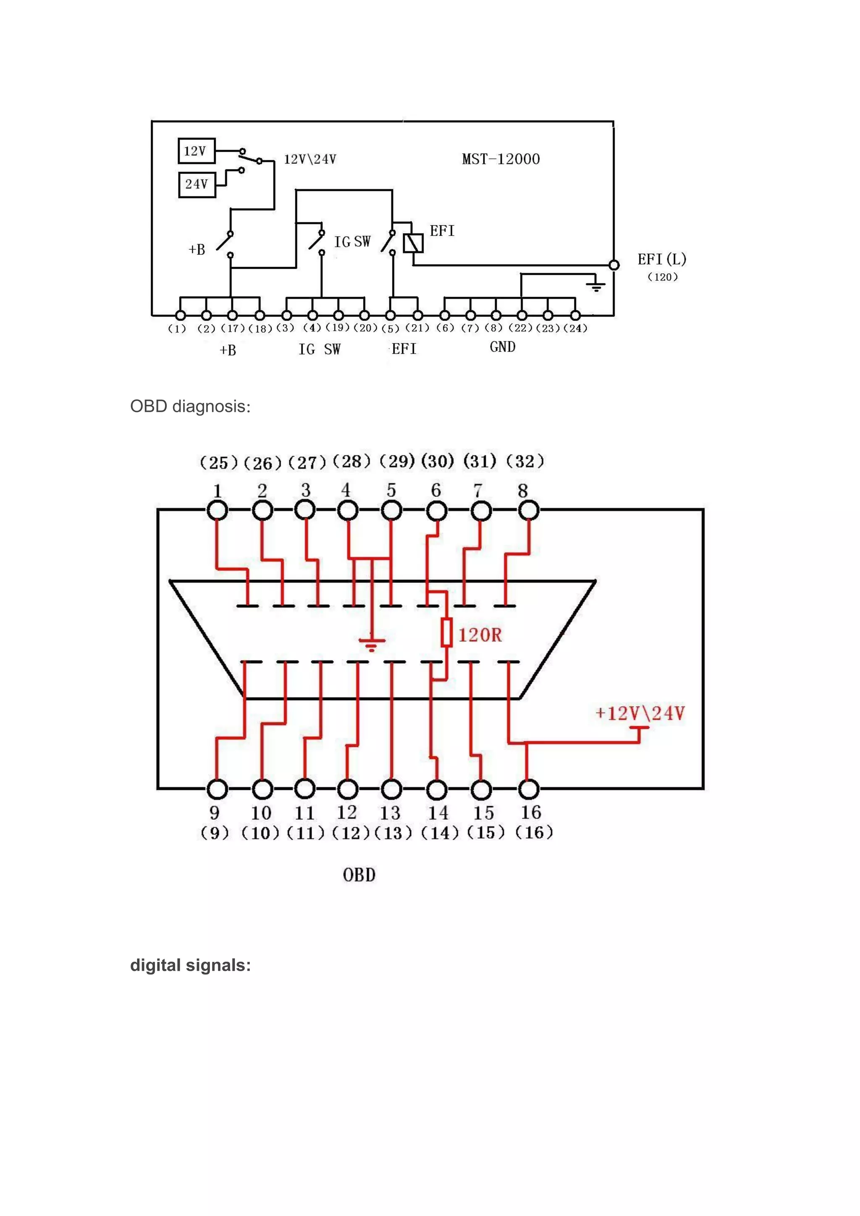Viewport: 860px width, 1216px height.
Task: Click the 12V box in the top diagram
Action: coord(197,151)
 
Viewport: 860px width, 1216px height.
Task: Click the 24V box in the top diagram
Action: coord(197,184)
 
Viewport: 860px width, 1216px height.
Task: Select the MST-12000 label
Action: coord(501,159)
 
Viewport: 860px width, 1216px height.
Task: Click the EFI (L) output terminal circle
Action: coord(614,265)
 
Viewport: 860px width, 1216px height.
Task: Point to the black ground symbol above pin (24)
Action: coord(596,286)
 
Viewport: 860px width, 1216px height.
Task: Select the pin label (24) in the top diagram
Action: coord(575,328)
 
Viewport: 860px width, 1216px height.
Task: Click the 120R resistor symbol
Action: coord(446,632)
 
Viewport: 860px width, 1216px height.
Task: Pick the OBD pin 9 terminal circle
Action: coord(217,789)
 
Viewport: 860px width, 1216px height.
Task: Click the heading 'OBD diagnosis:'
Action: coord(190,406)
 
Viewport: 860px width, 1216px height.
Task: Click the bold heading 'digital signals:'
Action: coord(190,965)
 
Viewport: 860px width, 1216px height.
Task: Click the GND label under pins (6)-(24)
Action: coord(503,347)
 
